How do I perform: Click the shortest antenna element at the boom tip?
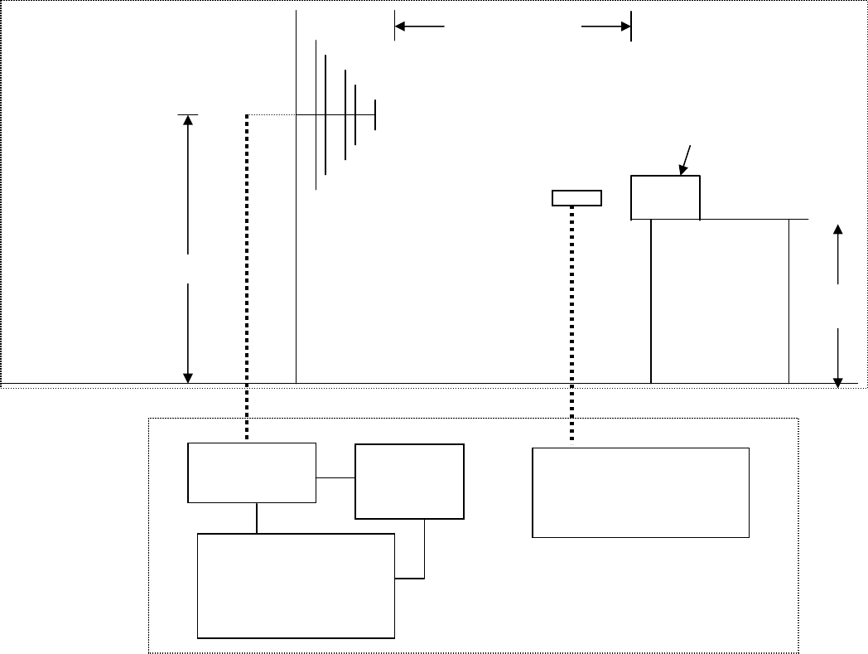375,114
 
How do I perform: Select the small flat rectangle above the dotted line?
576,197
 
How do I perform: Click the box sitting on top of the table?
665,197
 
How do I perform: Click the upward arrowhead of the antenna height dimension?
188,120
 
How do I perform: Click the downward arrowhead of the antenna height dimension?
188,377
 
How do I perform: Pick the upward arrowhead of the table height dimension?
839,230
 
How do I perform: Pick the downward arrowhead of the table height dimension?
839,380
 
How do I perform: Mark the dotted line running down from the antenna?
247,274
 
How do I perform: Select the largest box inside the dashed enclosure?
296,585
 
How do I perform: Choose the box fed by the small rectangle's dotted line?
640,492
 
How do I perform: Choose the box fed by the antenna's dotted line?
252,472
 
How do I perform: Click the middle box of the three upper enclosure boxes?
409,482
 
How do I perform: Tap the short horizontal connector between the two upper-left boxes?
335,477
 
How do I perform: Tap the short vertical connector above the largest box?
257,518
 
